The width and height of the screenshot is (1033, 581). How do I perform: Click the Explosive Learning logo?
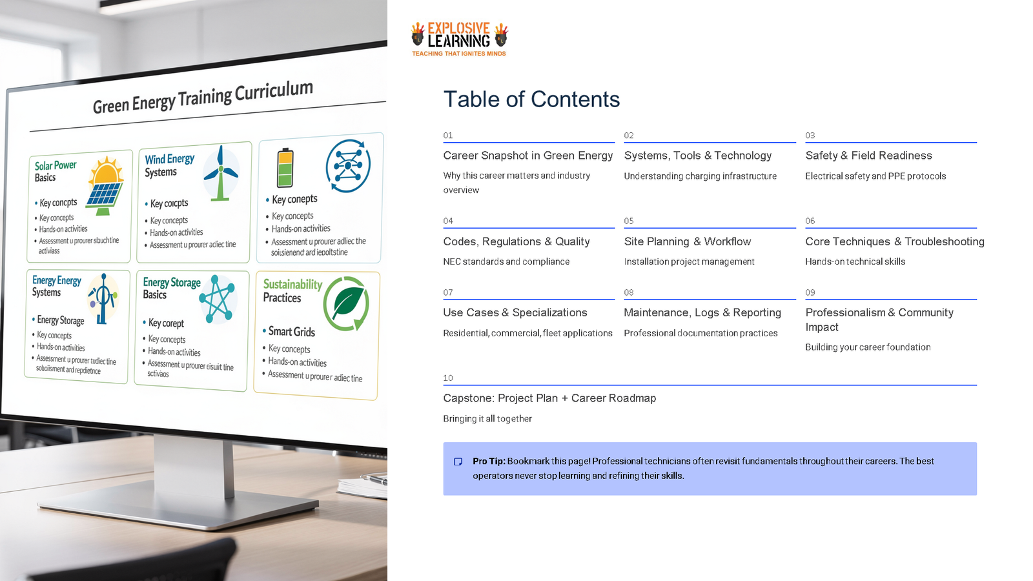click(x=459, y=39)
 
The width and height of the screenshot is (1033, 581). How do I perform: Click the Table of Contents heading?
click(x=531, y=99)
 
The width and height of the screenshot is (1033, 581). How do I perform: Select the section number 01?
click(x=448, y=136)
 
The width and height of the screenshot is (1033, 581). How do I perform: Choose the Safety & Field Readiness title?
click(x=868, y=156)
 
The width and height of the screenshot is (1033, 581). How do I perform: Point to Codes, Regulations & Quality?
click(x=516, y=241)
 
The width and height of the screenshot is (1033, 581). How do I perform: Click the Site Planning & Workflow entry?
click(x=688, y=241)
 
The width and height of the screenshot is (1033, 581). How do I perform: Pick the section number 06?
click(x=810, y=221)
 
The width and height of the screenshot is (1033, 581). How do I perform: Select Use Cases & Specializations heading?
click(x=515, y=312)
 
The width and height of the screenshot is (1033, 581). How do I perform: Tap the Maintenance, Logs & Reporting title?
click(x=702, y=312)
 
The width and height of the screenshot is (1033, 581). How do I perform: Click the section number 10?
click(x=448, y=378)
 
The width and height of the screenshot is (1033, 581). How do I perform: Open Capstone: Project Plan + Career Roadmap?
click(x=549, y=398)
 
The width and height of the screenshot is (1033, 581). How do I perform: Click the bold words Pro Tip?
click(x=489, y=461)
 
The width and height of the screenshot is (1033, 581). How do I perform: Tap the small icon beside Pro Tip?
click(x=458, y=462)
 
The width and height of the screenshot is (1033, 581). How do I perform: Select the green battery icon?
click(x=285, y=167)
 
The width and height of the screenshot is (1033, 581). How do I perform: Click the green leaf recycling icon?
click(x=347, y=303)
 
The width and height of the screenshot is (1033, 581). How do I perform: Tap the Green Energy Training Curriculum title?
click(x=203, y=97)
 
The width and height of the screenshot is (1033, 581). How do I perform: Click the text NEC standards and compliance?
click(x=506, y=261)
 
